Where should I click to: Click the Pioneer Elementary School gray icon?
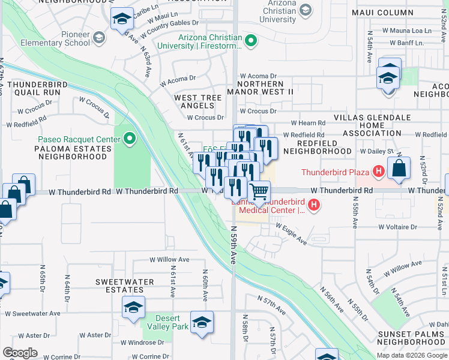[99, 38]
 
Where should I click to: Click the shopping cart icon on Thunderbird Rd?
[259, 192]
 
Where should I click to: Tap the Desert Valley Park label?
[172, 322]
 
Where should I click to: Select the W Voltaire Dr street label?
[397, 227]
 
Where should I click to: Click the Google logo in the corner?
[20, 352]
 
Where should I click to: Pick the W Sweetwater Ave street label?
[33, 313]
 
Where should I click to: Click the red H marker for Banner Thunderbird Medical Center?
[313, 206]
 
